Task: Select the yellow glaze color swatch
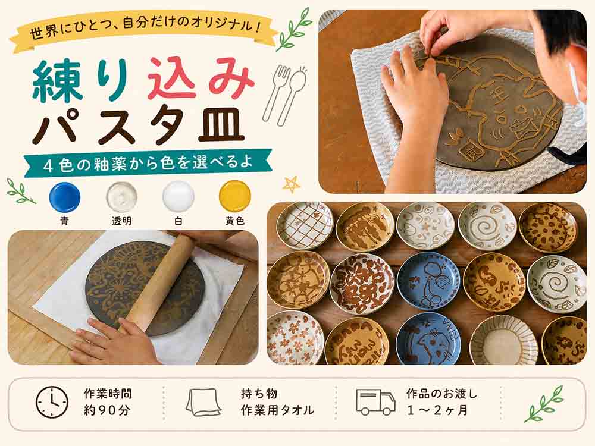(235, 196)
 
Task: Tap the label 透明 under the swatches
(121, 221)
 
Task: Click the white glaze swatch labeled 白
(178, 196)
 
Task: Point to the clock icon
(52, 403)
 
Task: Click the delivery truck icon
(375, 401)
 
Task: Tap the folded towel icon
(203, 402)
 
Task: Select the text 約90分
(107, 410)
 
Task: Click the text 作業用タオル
(277, 410)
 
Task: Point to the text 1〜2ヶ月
(437, 410)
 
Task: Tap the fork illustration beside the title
(275, 92)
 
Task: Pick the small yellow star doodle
(292, 185)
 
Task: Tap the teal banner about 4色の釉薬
(148, 163)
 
